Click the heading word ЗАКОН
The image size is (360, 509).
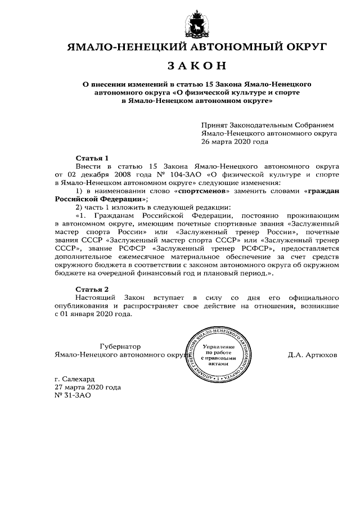pyautogui.click(x=197, y=66)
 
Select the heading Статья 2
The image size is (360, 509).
pyautogui.click(x=92, y=289)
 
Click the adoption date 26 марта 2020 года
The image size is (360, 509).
pyautogui.click(x=235, y=142)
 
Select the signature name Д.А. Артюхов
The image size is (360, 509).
pyautogui.click(x=312, y=355)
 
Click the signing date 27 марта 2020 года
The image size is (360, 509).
pyautogui.click(x=87, y=387)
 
